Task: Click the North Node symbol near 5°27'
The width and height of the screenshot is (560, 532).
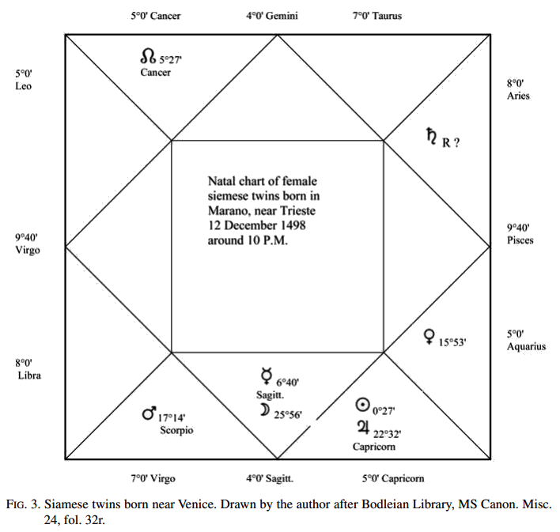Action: [148, 57]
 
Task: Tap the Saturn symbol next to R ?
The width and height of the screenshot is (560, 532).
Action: [431, 138]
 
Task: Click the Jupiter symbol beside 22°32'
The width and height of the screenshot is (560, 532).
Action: [363, 428]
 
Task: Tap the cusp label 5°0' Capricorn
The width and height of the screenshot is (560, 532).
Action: [392, 478]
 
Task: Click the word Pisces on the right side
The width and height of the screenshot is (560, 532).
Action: [520, 240]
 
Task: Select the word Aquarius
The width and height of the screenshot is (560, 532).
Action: [527, 346]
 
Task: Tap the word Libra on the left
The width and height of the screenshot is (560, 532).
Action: [29, 375]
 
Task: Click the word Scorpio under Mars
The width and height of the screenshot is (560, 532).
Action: [176, 431]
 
